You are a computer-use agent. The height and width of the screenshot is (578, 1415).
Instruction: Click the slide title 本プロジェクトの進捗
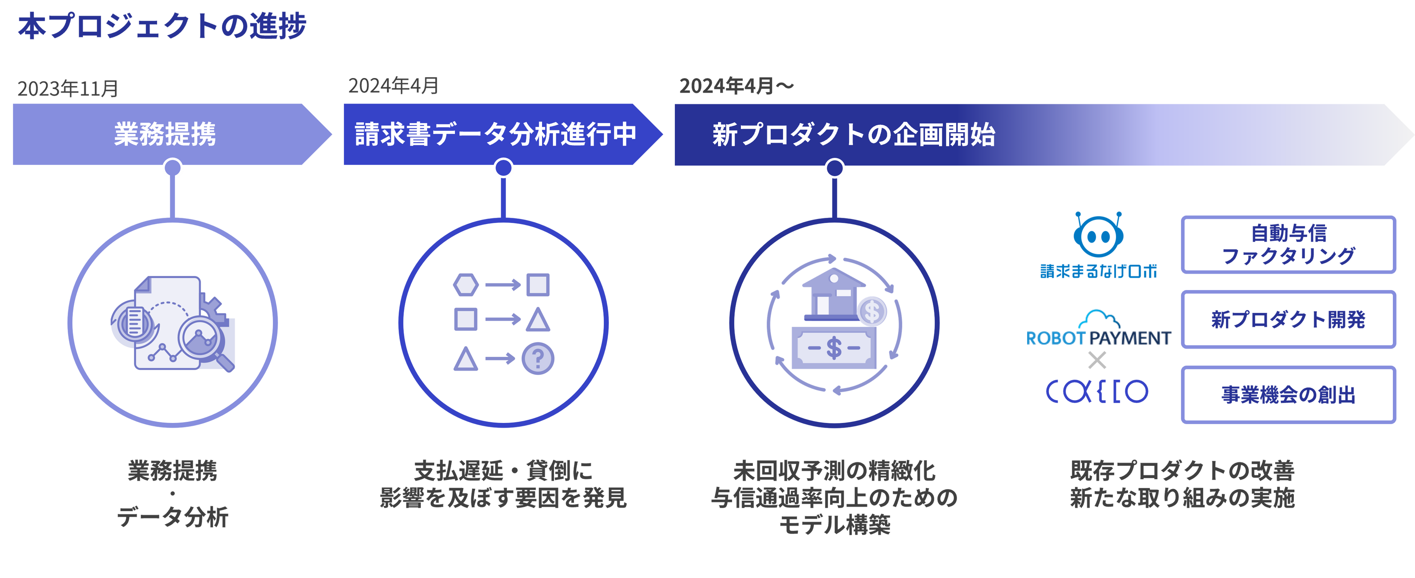click(x=162, y=27)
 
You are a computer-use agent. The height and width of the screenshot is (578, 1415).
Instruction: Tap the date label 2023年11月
click(x=67, y=88)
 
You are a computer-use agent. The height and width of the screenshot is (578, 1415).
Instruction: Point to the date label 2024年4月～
click(x=736, y=86)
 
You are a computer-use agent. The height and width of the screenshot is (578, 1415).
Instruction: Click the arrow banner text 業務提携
click(x=165, y=134)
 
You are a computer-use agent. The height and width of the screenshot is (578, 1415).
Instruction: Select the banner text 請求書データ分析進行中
click(x=496, y=134)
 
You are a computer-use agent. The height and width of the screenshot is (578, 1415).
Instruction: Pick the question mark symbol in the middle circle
click(x=538, y=359)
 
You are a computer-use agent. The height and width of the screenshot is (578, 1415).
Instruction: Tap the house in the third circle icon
click(x=833, y=294)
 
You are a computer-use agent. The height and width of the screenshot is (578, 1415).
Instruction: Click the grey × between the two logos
click(x=1097, y=361)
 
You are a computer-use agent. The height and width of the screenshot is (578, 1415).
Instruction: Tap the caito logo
click(x=1096, y=391)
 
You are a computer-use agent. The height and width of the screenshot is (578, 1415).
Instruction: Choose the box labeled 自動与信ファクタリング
click(x=1288, y=244)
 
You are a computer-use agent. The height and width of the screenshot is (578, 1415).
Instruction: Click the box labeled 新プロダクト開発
click(x=1288, y=319)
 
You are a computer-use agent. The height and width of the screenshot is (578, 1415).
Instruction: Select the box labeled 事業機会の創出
click(x=1288, y=395)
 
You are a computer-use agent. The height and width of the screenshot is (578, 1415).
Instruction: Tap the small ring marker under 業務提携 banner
click(x=172, y=168)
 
